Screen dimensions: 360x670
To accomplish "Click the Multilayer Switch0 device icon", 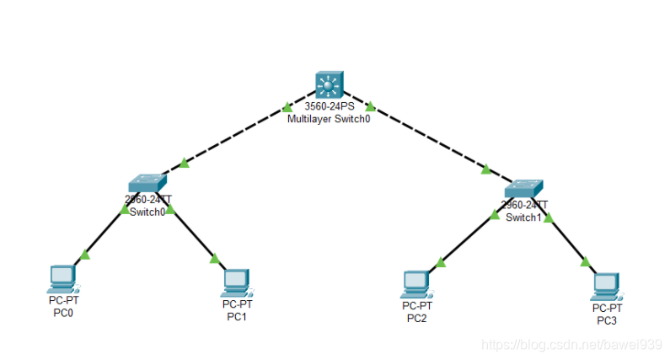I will point(328,84).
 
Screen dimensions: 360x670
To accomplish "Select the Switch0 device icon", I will point(148,183).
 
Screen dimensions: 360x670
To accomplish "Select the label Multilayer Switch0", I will point(329,119).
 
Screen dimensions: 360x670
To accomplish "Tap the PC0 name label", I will point(62,312).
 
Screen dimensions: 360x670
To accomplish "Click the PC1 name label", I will point(237,316).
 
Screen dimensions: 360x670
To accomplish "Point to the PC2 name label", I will point(416,318).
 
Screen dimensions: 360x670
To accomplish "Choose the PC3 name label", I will point(607,320).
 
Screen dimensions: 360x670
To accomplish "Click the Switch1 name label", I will point(523,218).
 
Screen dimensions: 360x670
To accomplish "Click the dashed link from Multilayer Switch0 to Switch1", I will point(430,139).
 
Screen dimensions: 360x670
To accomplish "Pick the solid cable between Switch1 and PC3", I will point(567,239).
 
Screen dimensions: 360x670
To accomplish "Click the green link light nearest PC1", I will point(215,259).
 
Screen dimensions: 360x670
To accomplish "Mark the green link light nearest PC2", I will point(441,262).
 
